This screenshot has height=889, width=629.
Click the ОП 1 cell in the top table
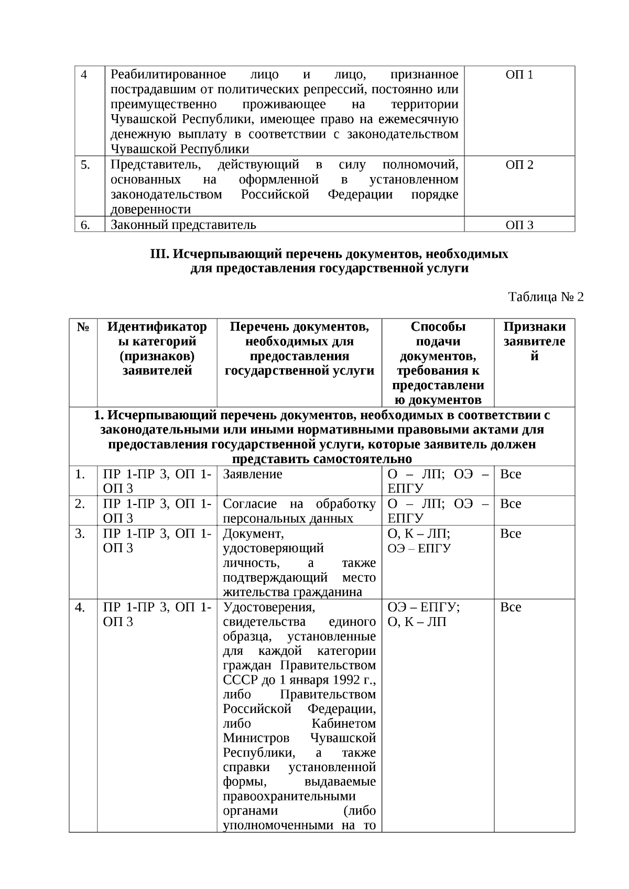coord(519,75)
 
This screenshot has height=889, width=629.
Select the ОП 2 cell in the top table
coord(519,165)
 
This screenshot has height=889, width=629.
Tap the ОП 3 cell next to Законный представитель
coord(519,225)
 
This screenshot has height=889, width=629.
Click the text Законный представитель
coord(183,225)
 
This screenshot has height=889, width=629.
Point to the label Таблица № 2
coord(546,297)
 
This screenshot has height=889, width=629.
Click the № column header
coord(83,327)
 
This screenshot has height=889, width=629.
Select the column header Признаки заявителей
coord(534,342)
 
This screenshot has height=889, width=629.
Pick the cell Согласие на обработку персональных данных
coord(299,511)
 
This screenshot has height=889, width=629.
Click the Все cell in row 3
coord(511,534)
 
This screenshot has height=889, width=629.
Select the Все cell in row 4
coord(511,608)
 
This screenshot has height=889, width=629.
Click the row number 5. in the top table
coord(85,165)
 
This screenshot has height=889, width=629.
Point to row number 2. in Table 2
coord(80,504)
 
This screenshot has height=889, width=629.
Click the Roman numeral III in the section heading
coord(159,255)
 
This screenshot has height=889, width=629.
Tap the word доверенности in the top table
coord(150,210)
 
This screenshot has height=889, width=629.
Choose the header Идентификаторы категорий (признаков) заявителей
coord(157,348)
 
